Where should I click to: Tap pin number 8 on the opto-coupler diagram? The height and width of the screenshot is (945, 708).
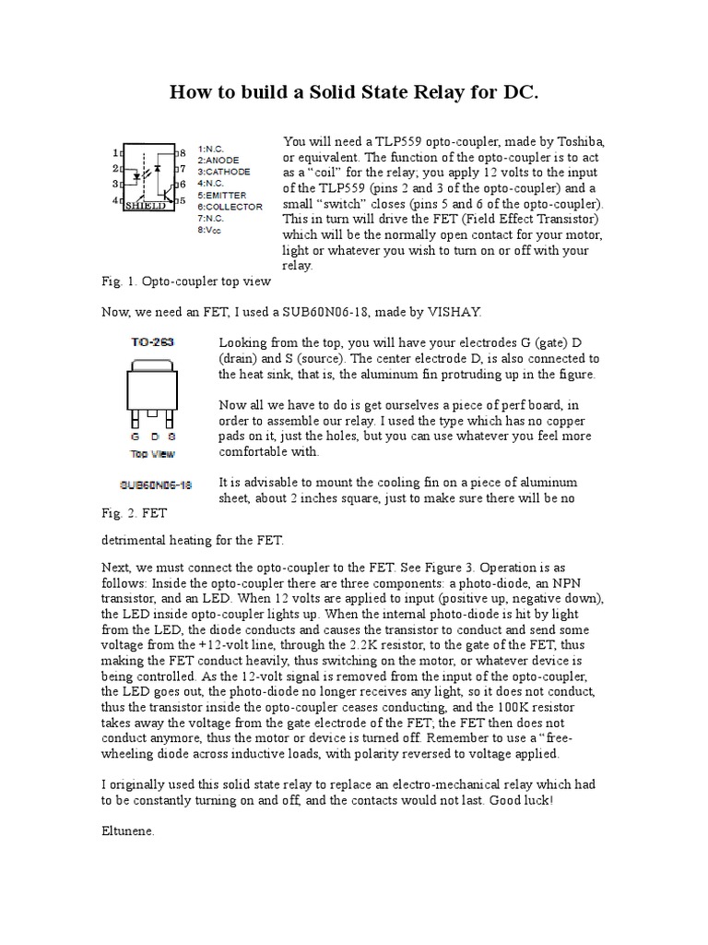[183, 152]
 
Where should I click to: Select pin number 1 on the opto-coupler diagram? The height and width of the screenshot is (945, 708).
[115, 152]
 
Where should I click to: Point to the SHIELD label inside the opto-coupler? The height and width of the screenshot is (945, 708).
[146, 207]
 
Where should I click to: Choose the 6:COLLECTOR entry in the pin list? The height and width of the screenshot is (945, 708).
[230, 207]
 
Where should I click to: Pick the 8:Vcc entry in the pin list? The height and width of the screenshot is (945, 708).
[212, 230]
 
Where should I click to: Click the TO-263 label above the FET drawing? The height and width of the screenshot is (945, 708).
[152, 341]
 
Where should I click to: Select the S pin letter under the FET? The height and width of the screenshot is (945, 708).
[171, 435]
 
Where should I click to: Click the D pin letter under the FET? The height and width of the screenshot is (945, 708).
[153, 435]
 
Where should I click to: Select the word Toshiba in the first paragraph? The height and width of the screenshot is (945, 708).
[578, 141]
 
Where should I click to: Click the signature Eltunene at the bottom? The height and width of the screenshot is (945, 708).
[128, 831]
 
